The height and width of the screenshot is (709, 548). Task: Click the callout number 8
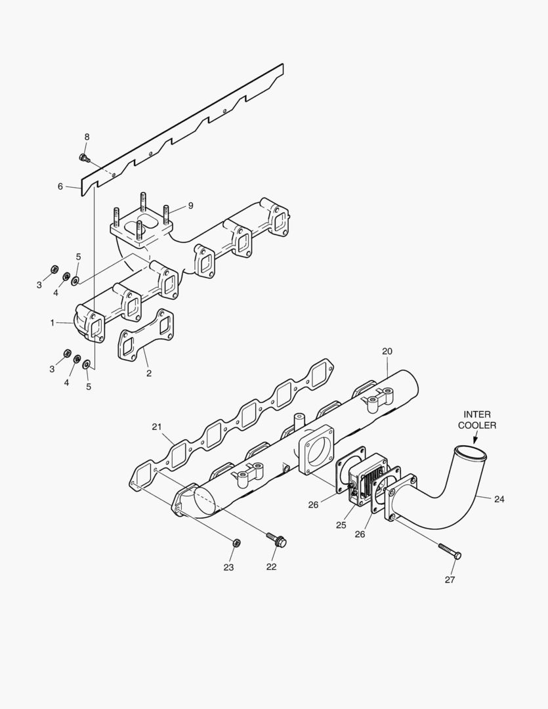click(x=87, y=137)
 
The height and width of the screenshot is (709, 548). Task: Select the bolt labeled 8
click(x=84, y=157)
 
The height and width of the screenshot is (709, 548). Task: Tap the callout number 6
click(x=60, y=186)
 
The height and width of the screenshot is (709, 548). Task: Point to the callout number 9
click(x=190, y=205)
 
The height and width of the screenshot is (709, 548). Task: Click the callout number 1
click(x=53, y=322)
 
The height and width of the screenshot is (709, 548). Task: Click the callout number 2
click(x=149, y=373)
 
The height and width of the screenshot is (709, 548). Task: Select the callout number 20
click(x=387, y=351)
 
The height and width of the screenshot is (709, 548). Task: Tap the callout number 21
click(x=157, y=427)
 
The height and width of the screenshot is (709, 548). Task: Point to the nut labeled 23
click(x=237, y=542)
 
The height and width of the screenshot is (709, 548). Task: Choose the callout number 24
click(x=499, y=499)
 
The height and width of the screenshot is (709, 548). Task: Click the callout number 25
click(x=341, y=525)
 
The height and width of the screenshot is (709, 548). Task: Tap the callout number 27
click(x=450, y=579)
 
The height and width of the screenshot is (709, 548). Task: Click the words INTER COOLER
click(x=480, y=419)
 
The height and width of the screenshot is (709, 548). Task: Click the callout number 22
click(x=271, y=567)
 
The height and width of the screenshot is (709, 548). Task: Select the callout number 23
click(x=228, y=567)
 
